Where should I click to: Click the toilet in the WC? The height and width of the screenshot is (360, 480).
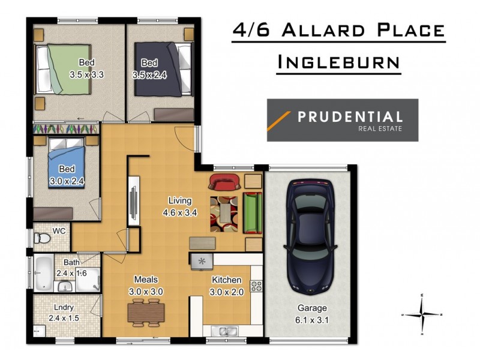click(43, 239)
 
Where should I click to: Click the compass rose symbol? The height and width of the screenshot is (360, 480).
click(424, 314)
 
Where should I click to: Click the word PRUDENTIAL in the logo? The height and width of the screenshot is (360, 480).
click(350, 116)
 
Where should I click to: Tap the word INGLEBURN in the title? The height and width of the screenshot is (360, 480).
click(339, 61)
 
